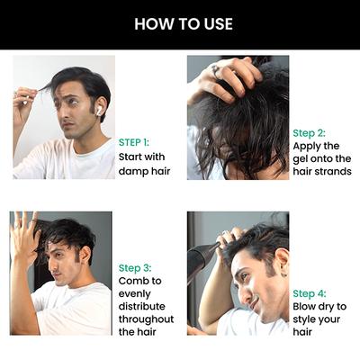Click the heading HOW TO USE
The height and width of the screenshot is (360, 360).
183,23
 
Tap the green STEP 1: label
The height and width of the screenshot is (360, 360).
134,142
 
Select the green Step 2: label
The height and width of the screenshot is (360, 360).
309,132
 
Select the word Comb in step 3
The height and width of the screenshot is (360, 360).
133,281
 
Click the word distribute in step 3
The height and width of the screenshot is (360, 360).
142,306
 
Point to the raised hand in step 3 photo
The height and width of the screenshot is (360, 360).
24,236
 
